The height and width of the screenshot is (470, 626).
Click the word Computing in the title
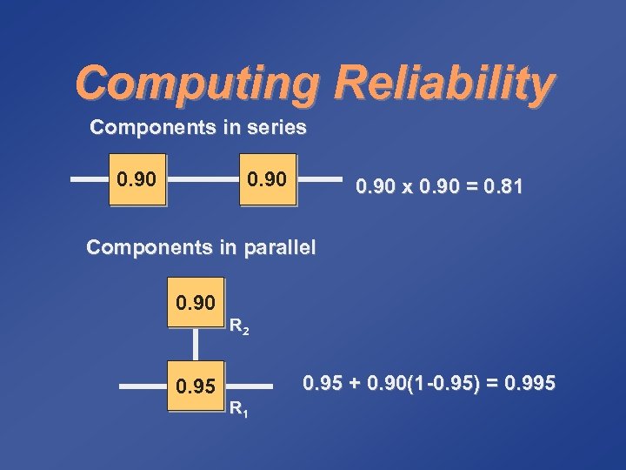pyautogui.click(x=196, y=84)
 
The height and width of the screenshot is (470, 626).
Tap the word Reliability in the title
pyautogui.click(x=443, y=84)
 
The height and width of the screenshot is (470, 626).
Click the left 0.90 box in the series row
pyautogui.click(x=137, y=181)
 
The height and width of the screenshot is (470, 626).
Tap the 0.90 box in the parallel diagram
pyautogui.click(x=196, y=303)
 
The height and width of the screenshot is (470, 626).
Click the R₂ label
pyautogui.click(x=239, y=329)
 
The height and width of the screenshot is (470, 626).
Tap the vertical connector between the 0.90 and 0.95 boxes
pyautogui.click(x=196, y=343)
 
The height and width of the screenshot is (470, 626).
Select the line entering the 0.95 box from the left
pyautogui.click(x=143, y=385)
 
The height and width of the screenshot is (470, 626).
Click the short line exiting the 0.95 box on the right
pyautogui.click(x=238, y=385)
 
